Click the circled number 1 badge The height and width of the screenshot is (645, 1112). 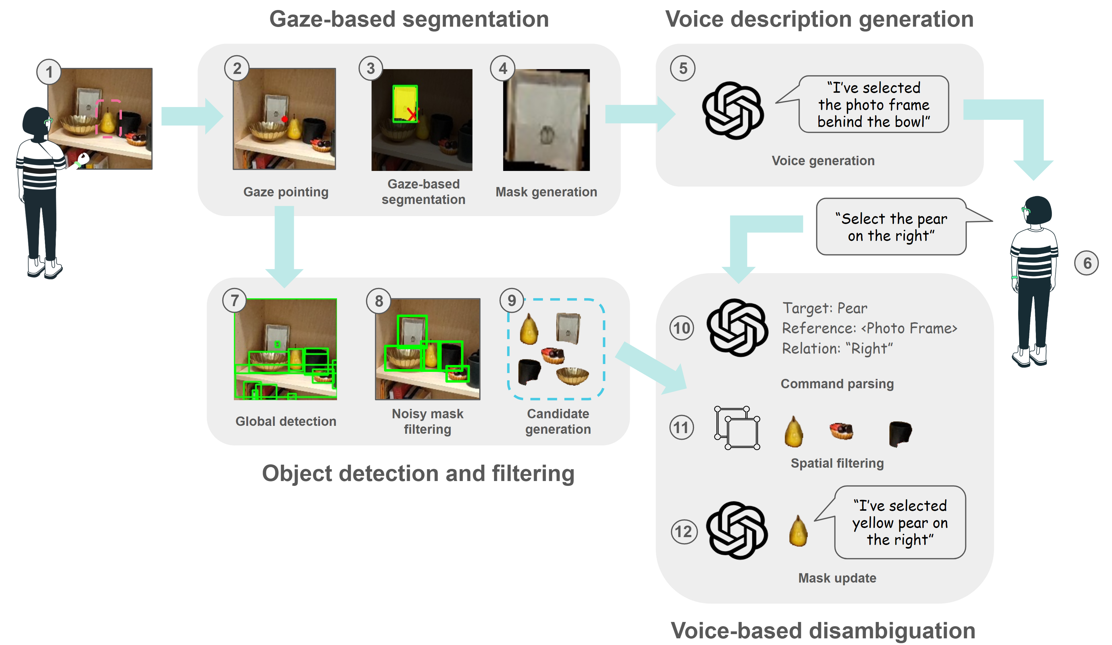tap(49, 72)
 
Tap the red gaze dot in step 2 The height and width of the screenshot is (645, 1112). tap(284, 119)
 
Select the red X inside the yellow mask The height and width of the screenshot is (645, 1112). tap(411, 114)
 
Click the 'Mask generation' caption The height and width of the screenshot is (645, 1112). tap(546, 192)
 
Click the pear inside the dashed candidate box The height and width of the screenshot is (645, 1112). tap(529, 329)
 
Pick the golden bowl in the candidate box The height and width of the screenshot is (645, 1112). tap(572, 376)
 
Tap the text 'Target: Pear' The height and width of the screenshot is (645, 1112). tap(824, 308)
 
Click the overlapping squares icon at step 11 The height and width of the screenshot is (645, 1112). tap(737, 428)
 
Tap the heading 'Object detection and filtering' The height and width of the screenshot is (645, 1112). tap(418, 473)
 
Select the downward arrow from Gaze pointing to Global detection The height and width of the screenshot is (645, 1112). tap(284, 245)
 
